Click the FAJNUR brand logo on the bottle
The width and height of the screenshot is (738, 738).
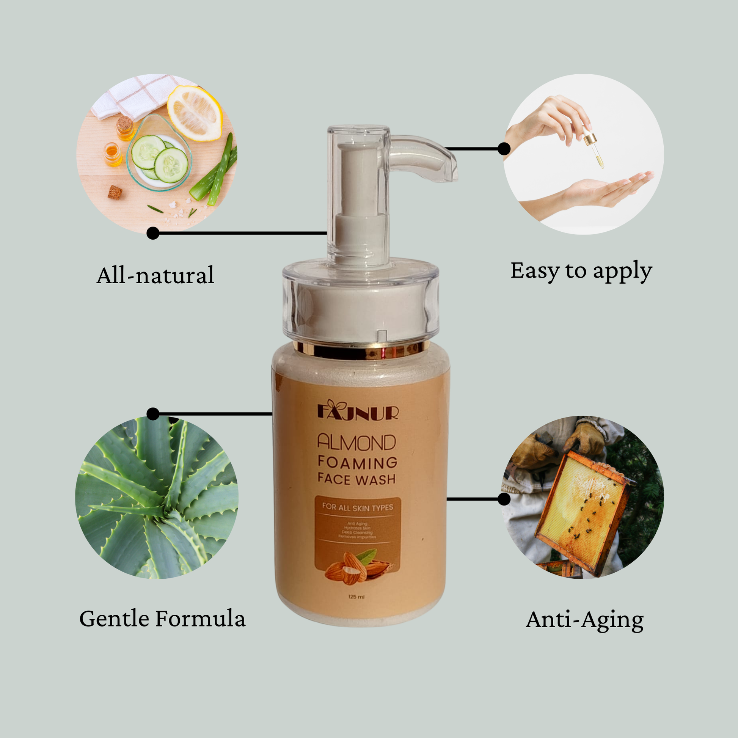tap(358, 411)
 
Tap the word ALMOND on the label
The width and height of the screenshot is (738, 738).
tap(357, 443)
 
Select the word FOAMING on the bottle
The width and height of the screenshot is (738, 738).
tap(358, 463)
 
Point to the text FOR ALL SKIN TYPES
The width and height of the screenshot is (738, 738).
tap(358, 507)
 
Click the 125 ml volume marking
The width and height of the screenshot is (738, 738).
tap(356, 597)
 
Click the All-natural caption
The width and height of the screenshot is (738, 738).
tap(155, 275)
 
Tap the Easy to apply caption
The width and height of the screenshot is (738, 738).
tap(581, 271)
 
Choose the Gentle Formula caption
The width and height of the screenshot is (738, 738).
tap(162, 619)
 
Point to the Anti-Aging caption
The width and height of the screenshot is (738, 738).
tap(584, 620)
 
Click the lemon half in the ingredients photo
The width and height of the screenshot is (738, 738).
tap(195, 113)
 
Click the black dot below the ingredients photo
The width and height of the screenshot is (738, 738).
tap(153, 233)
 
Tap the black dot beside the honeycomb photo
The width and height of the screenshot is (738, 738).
tap(504, 499)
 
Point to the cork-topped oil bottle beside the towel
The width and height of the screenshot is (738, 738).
tap(125, 128)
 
